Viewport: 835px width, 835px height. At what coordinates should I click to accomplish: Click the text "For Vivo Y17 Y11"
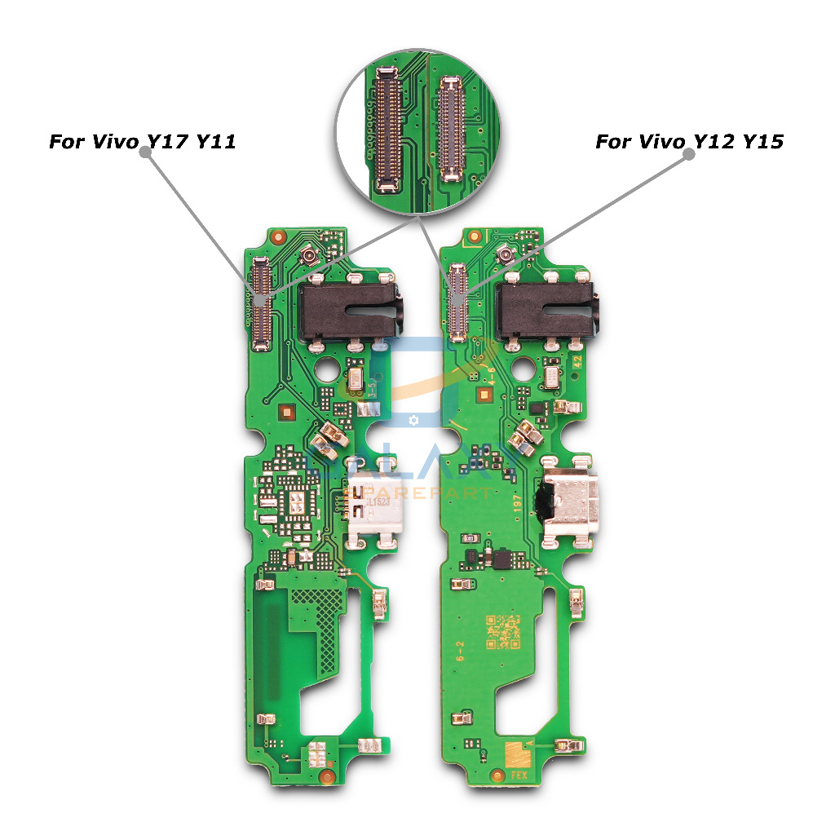coord(143,142)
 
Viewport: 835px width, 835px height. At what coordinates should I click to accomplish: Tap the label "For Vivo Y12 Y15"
coord(689,142)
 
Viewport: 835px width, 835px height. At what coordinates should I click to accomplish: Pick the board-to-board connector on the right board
coord(457,302)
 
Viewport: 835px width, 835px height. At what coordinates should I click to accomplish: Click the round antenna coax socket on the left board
coord(311,258)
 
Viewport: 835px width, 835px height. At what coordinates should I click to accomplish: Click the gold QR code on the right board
coord(503,630)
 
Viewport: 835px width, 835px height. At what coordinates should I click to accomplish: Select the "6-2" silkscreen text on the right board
coord(461,649)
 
